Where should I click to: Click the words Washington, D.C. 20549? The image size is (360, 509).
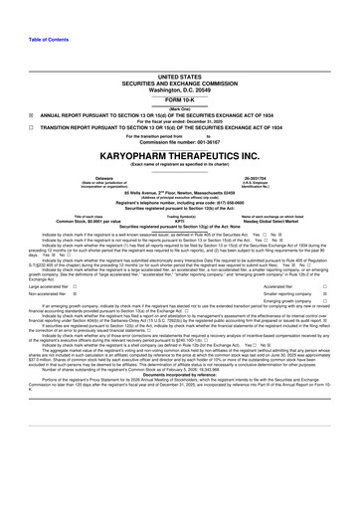[x=179, y=82]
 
